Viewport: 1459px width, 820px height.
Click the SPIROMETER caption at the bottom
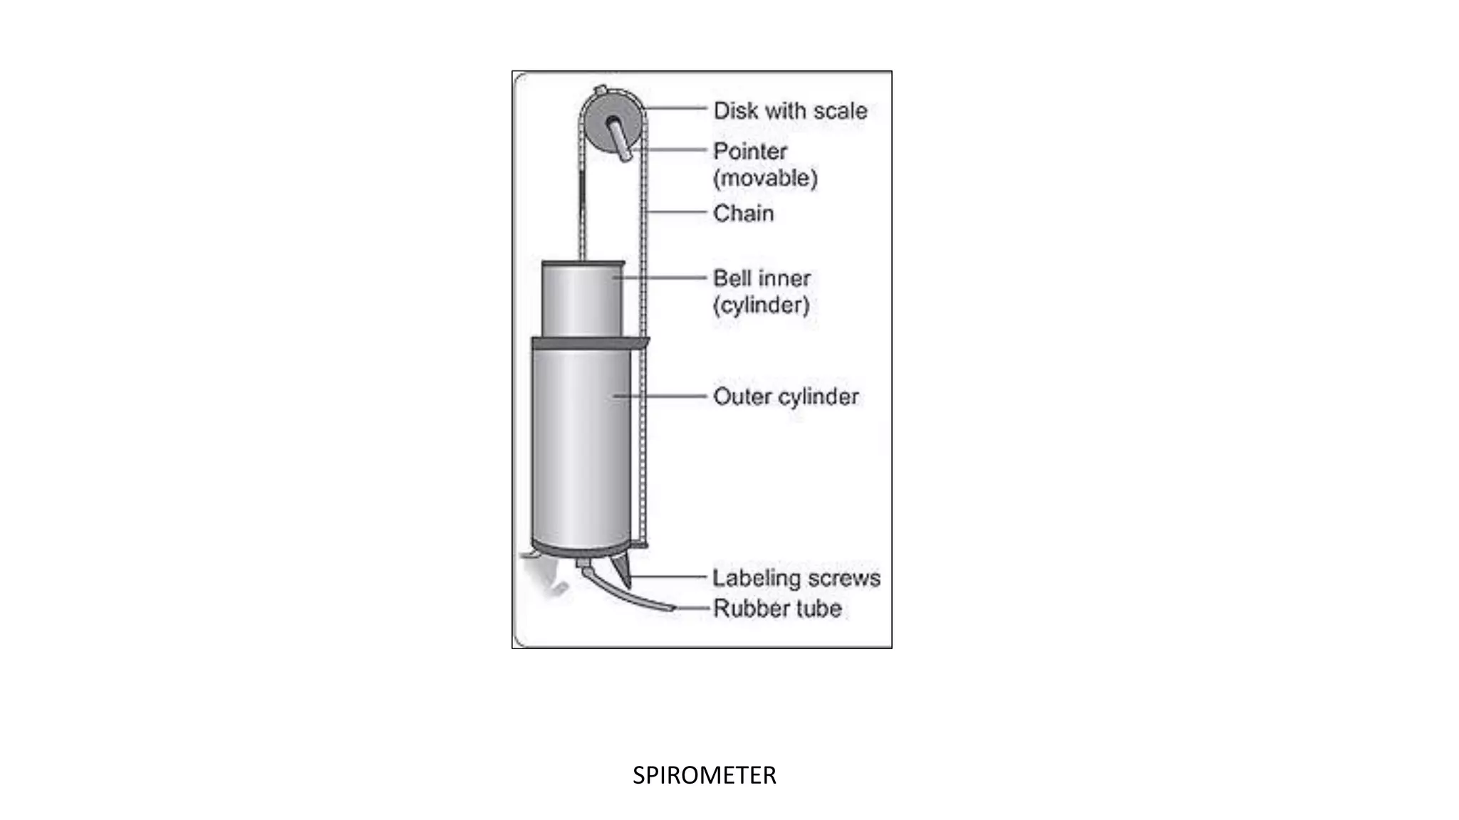704,775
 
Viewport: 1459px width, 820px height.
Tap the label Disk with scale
790,111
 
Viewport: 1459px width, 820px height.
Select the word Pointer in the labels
749,151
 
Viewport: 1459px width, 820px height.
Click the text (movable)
765,178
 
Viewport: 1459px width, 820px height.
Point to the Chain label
743,213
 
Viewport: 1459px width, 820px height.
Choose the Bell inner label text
762,278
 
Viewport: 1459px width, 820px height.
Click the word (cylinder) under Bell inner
761,305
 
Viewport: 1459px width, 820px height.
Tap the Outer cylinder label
786,396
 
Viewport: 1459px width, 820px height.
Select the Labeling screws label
796,578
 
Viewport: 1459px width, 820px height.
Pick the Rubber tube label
777,609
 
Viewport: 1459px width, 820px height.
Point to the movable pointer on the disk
620,139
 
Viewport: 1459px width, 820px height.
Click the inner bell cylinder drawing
581,299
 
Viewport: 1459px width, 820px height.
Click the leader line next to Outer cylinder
663,396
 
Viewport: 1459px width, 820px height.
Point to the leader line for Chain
677,212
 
